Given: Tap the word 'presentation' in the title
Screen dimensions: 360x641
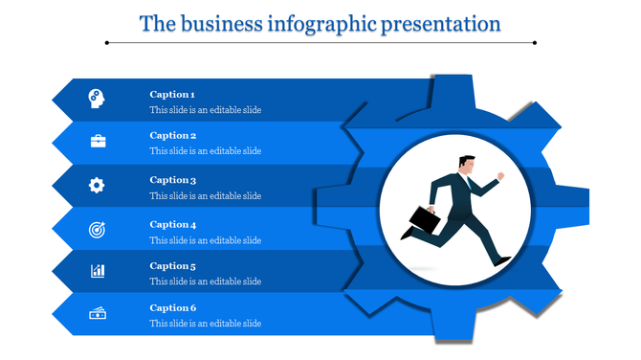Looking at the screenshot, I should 441,23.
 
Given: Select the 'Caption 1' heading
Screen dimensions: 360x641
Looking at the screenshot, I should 172,94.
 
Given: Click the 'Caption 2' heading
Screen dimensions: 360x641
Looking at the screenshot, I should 172,135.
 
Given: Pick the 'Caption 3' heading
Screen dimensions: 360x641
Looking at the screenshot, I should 172,180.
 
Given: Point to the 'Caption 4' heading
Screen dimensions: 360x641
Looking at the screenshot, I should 172,224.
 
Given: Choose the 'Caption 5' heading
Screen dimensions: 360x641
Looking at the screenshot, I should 172,265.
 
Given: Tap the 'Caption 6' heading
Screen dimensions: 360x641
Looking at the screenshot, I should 172,307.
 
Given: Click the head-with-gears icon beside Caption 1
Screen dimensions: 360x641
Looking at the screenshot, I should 98,97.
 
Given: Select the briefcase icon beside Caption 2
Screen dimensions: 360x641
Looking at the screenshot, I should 98,142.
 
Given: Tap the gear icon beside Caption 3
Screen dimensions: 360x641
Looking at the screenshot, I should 98,185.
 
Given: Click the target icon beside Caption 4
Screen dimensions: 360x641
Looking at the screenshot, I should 98,229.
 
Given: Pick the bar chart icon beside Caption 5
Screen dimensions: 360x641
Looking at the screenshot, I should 98,271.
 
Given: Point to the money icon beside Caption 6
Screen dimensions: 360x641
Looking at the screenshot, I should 98,314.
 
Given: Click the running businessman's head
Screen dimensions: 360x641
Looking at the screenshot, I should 466,164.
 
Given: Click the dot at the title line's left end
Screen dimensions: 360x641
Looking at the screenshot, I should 106,42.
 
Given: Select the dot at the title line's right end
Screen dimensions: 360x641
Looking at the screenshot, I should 535,42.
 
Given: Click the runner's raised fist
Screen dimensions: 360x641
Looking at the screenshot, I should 499,176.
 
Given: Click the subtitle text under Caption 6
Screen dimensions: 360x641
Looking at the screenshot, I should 205,324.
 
